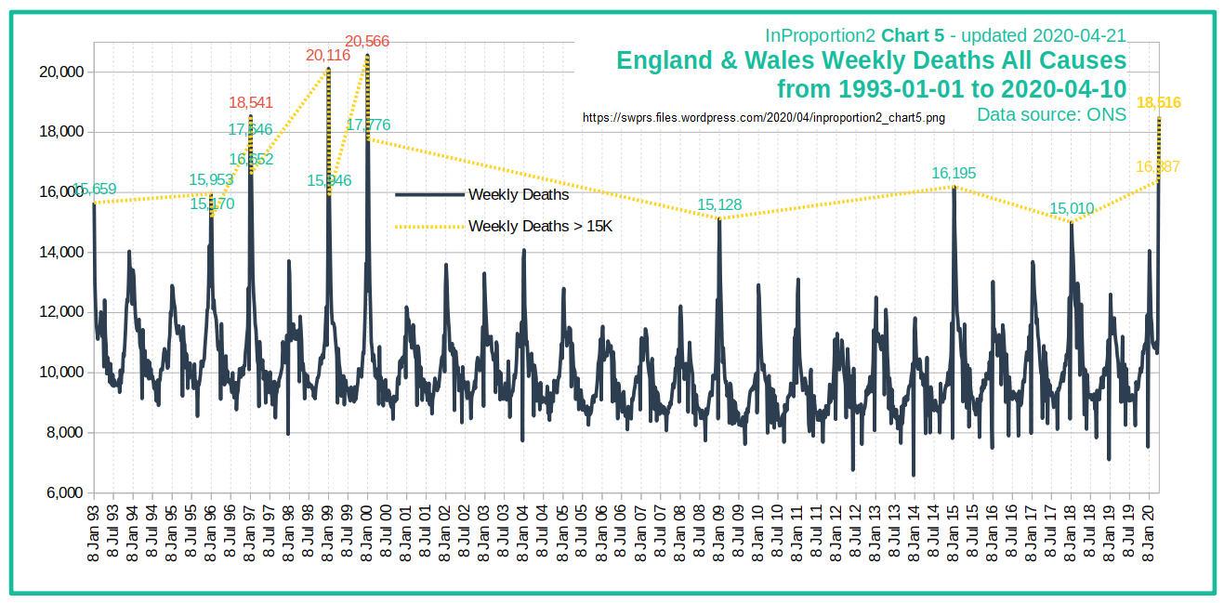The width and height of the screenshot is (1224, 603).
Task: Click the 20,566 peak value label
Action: (367, 42)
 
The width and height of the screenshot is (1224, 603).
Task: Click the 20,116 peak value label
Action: (328, 56)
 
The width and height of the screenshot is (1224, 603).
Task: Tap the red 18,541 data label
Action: (250, 103)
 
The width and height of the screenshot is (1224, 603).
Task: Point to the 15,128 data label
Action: (720, 205)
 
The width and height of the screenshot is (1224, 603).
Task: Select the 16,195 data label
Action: (954, 174)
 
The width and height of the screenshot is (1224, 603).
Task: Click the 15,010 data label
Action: (1072, 208)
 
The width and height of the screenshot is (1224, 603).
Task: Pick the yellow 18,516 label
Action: (1158, 103)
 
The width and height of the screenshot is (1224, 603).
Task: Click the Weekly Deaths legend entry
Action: (518, 195)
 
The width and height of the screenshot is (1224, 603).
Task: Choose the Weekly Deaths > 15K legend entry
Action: (540, 226)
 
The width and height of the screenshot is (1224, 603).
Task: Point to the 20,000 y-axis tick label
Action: (58, 72)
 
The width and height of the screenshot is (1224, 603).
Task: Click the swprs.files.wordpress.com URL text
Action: (764, 119)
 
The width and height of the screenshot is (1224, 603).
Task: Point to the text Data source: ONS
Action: (1051, 114)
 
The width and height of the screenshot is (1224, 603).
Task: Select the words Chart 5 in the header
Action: (913, 36)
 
